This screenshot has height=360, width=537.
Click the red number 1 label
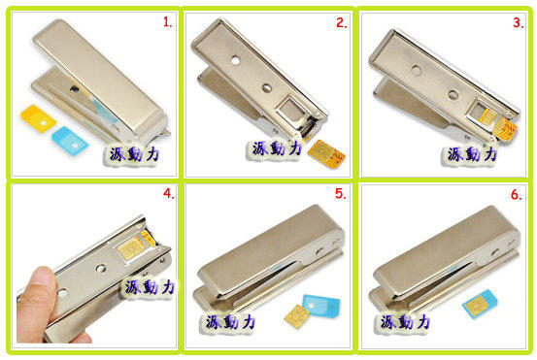tap(167, 22)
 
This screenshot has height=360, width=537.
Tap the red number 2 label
tap(342, 22)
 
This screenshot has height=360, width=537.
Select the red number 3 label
tap(519, 22)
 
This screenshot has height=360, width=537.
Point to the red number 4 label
tap(169, 193)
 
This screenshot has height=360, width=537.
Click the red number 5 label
tap(341, 194)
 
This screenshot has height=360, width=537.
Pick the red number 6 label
tap(517, 195)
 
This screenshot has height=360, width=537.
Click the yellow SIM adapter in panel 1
tap(39, 118)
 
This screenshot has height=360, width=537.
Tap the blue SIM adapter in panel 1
tap(70, 141)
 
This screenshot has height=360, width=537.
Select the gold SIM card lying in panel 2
tap(326, 154)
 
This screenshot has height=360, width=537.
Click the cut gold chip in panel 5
tap(296, 316)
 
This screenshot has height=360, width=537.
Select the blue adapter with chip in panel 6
tap(480, 304)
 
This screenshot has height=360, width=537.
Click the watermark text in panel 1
tap(134, 154)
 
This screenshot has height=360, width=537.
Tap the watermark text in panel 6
tap(405, 322)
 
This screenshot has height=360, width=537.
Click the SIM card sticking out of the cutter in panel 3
tap(503, 128)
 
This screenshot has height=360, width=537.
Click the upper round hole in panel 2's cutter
tap(235, 60)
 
